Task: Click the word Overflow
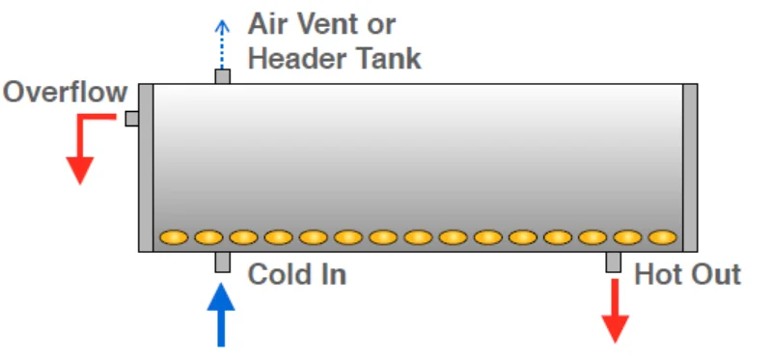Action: [66, 93]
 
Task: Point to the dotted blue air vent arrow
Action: [222, 43]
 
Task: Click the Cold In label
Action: [296, 275]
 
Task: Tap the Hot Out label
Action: [687, 275]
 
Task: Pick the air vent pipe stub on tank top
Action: [222, 76]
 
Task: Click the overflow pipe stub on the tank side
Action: [131, 119]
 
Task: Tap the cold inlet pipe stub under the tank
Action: [222, 262]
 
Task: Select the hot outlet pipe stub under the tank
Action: [614, 262]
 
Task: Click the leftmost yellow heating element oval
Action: [174, 236]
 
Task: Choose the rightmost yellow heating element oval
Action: [662, 236]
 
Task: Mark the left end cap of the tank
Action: [146, 167]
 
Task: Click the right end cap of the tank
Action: [690, 167]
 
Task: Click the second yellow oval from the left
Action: [208, 236]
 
